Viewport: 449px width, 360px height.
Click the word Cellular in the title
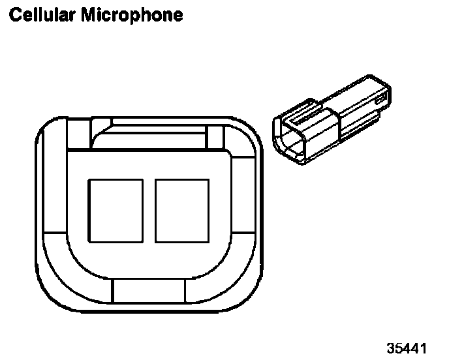click(40, 14)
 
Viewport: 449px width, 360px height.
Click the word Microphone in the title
click(132, 14)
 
